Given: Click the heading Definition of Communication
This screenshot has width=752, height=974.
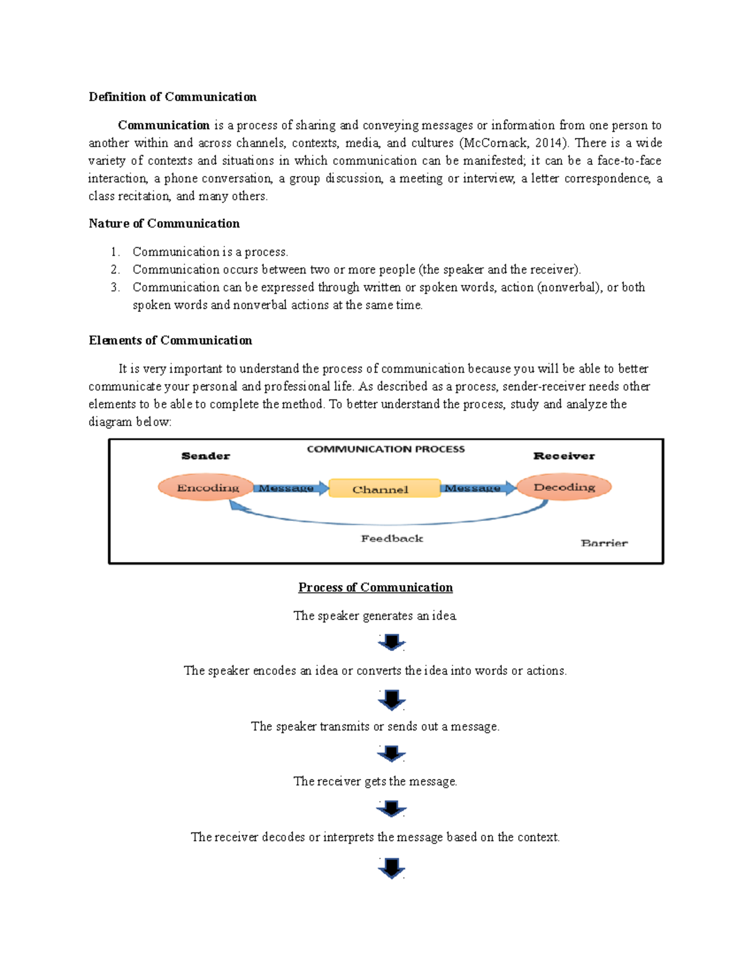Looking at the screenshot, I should coord(172,97).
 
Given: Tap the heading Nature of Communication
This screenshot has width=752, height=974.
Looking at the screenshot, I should coord(164,223).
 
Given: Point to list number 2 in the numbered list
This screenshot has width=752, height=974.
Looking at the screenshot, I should coord(115,270).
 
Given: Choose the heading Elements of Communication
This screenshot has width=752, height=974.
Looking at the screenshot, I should coord(170,340).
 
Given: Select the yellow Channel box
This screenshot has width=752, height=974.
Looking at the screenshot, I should coord(384,489).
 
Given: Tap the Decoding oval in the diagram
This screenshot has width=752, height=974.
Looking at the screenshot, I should coord(564,487).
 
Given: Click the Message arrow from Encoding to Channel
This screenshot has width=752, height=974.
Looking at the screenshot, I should coord(290,488).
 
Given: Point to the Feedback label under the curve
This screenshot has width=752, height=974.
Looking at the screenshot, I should coord(392,538).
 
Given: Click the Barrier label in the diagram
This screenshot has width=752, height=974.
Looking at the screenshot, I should coord(603,543).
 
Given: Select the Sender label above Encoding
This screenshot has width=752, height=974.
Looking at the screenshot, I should coord(206,456).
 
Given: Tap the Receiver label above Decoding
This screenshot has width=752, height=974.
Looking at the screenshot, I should coord(564,456).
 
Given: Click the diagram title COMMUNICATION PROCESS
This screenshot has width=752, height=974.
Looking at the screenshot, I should coord(385,449).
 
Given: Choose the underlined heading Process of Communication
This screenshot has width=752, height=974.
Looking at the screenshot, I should coord(375,587).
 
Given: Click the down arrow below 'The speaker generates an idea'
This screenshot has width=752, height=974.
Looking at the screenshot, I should coord(392,643).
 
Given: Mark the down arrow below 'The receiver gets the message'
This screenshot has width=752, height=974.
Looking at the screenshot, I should coord(392,808).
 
